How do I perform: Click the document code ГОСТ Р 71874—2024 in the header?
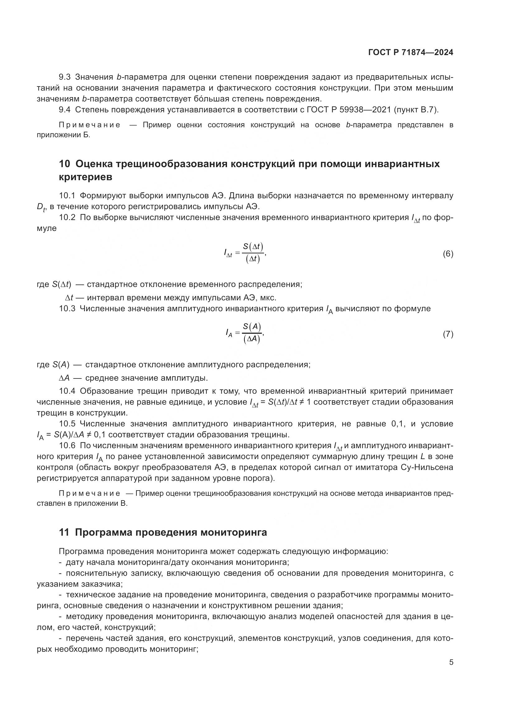point(411,52)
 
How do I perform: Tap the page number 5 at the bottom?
point(451,662)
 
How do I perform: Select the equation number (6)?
point(448,254)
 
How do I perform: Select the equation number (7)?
point(448,334)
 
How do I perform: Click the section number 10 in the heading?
point(64,164)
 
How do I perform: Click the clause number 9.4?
point(65,110)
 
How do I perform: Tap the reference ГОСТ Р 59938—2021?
point(355,110)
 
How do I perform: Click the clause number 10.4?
point(67,391)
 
